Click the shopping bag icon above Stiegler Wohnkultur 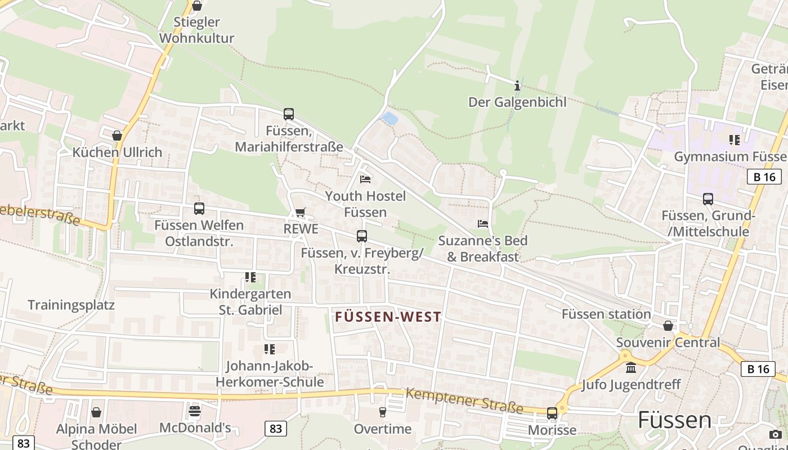tap(197, 6)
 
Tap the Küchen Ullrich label tap(117, 152)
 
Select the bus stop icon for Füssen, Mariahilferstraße tap(289, 114)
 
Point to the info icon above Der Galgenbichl tap(517, 86)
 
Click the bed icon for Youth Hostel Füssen tap(365, 179)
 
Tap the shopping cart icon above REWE tap(301, 213)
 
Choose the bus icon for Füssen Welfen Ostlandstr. tap(199, 209)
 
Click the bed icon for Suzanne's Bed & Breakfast tap(483, 224)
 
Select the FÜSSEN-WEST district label tap(388, 317)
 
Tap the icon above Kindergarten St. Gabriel tap(250, 277)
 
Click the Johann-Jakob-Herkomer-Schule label tap(270, 374)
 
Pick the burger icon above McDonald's tap(195, 411)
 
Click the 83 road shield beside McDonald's tap(276, 429)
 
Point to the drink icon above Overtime tap(383, 412)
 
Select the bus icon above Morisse tap(552, 413)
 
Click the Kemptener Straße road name tap(464, 400)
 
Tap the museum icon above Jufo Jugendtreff tap(631, 368)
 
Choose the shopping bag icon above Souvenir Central tap(668, 326)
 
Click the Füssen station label tap(606, 314)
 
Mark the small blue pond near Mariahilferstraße tap(389, 118)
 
